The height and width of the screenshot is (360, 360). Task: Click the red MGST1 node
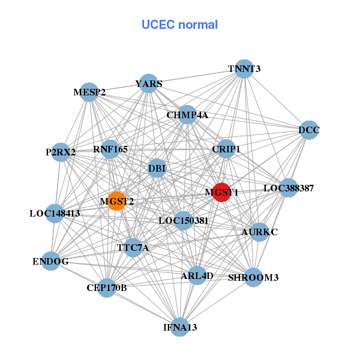(222, 192)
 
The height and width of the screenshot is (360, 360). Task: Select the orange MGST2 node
(116, 201)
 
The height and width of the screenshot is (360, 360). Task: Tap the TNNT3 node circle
(244, 68)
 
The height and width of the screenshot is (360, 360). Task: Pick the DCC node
(309, 130)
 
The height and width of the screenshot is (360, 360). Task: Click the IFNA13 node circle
(180, 327)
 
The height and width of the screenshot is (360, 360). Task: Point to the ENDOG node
(50, 261)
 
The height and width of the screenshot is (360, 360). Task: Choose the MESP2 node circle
(89, 92)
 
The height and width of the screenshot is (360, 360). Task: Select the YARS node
(149, 83)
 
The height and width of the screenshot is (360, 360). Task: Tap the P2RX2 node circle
(61, 152)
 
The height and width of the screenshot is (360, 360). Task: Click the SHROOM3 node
(253, 277)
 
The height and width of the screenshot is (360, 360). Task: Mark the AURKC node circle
(259, 232)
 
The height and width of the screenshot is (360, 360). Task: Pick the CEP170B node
(107, 288)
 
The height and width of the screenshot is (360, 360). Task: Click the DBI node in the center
(157, 168)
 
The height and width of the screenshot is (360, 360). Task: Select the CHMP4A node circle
(187, 115)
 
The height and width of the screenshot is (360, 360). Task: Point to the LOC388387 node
(289, 188)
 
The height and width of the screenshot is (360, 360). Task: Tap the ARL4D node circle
(197, 275)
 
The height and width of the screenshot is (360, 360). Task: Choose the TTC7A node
(133, 247)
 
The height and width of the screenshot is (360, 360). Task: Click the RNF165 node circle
(110, 148)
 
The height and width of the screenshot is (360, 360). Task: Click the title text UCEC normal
(179, 25)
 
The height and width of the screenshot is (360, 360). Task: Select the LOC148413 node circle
(55, 213)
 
